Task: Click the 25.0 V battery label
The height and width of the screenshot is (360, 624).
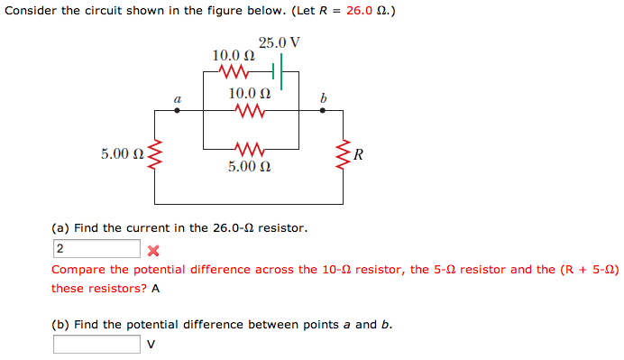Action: (x=279, y=42)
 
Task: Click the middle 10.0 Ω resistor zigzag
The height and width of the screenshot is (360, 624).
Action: (x=250, y=111)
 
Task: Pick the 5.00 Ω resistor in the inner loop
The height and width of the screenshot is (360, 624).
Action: (x=250, y=147)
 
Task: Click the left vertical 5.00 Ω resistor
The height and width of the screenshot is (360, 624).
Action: (x=155, y=155)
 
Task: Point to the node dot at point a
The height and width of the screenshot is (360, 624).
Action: (x=176, y=110)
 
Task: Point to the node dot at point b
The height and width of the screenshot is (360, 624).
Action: (x=324, y=110)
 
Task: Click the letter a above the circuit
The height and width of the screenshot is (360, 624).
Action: (x=177, y=97)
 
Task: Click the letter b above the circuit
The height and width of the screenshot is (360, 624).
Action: (x=324, y=97)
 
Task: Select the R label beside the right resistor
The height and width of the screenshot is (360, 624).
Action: (x=359, y=154)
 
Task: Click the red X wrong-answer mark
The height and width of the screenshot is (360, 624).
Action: (x=152, y=250)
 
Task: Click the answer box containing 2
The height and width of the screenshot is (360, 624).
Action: (x=96, y=248)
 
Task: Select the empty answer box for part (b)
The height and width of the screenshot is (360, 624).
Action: (x=96, y=344)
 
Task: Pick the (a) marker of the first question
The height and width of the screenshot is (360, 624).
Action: (x=60, y=228)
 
